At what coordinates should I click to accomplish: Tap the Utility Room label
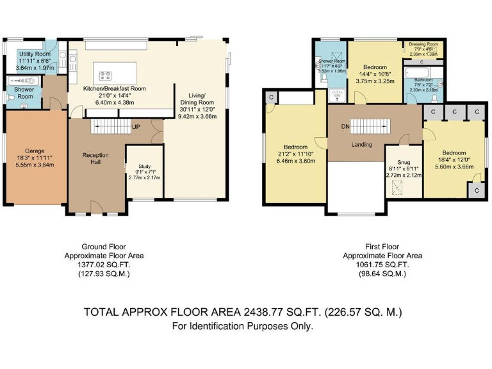click(30, 54)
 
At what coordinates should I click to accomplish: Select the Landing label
click(361, 145)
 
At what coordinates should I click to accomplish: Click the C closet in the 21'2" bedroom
click(272, 97)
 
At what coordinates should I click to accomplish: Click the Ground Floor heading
click(104, 247)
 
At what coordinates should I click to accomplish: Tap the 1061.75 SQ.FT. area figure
click(381, 265)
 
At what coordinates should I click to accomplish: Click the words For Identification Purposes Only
click(243, 326)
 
